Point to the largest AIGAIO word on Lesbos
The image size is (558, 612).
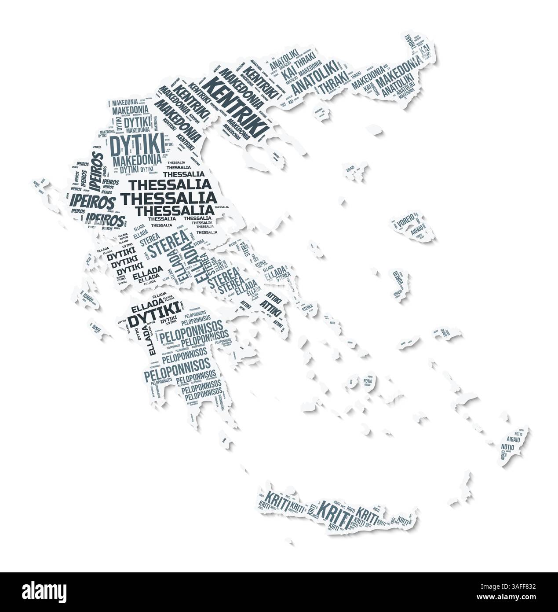pos(417,229)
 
